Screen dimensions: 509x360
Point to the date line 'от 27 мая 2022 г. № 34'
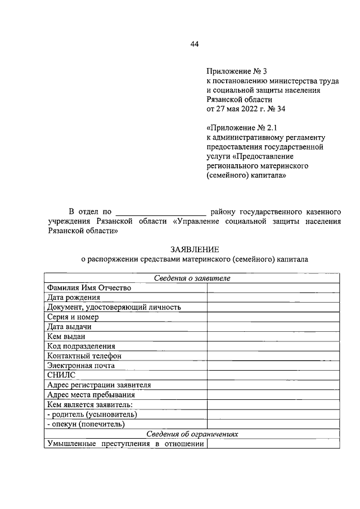point(246,108)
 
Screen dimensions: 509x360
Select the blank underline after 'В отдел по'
point(161,212)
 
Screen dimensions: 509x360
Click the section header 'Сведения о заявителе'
point(192,278)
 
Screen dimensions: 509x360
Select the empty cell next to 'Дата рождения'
point(273,298)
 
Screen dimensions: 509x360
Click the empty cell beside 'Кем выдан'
point(273,336)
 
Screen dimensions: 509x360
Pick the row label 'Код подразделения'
point(81,346)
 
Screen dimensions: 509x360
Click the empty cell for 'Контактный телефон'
point(273,356)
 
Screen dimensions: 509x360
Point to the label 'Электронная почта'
point(81,366)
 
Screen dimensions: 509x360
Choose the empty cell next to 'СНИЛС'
point(273,375)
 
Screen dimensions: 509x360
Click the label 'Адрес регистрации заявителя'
point(98,385)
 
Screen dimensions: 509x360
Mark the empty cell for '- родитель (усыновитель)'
point(273,415)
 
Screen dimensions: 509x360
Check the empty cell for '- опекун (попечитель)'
point(273,424)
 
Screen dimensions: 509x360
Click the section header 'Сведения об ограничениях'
point(192,434)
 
